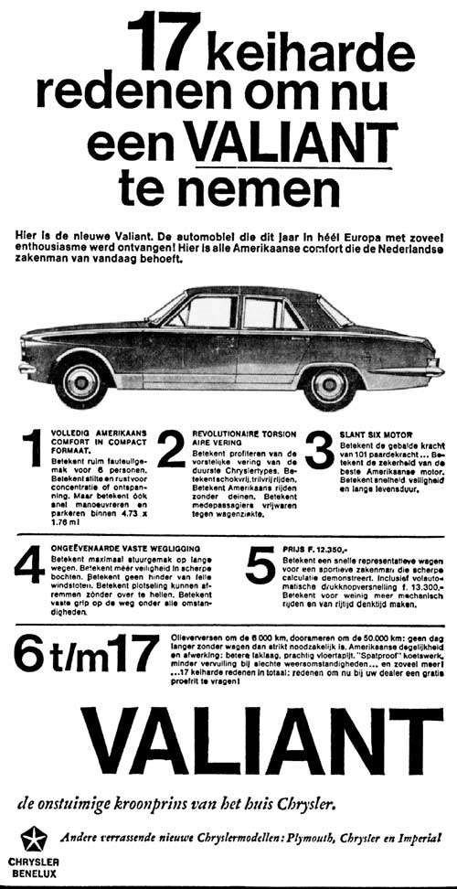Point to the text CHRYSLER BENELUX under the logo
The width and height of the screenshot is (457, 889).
tap(34, 868)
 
